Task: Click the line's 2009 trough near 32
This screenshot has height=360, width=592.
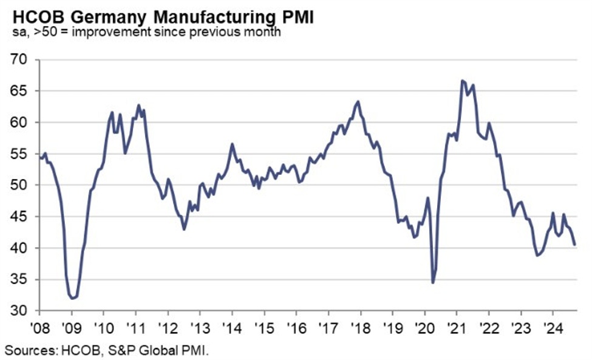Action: pyautogui.click(x=72, y=298)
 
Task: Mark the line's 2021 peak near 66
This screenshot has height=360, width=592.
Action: pyautogui.click(x=463, y=80)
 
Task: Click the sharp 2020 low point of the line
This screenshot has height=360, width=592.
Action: pyautogui.click(x=432, y=282)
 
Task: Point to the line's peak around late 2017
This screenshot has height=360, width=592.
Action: pyautogui.click(x=358, y=101)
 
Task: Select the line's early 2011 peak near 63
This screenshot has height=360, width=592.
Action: pyautogui.click(x=138, y=105)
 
